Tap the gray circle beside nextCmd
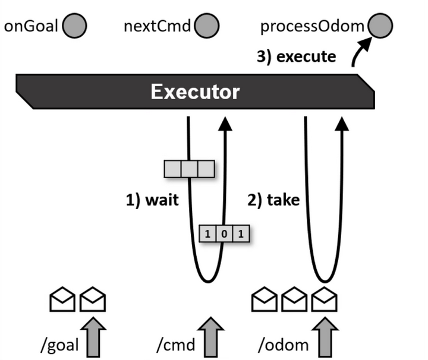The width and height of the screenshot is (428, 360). (x=208, y=26)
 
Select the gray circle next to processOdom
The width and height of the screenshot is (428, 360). (x=380, y=26)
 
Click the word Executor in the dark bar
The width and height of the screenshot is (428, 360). (x=195, y=92)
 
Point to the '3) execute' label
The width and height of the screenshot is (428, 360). (x=296, y=56)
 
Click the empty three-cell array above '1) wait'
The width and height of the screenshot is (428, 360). (x=189, y=169)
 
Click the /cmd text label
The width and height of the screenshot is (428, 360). (x=177, y=345)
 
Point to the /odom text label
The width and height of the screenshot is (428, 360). (x=284, y=345)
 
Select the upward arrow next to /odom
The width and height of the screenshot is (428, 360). (x=325, y=338)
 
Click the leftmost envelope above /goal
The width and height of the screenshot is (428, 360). (x=62, y=300)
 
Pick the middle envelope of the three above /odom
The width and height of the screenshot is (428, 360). (x=295, y=300)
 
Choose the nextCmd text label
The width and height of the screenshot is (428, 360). (x=158, y=27)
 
